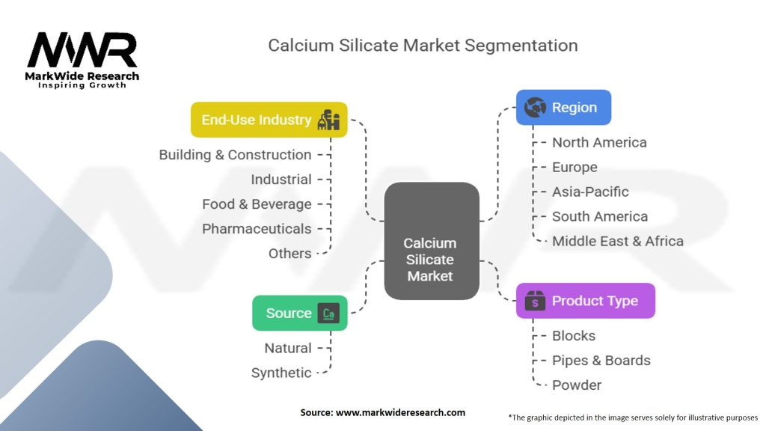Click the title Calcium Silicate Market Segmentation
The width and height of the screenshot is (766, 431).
423,45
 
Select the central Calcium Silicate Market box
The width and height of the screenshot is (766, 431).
431,241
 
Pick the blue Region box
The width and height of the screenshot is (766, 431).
563,108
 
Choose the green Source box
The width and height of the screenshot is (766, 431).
299,313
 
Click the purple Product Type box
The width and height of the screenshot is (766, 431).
585,301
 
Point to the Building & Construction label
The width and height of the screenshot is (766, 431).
235,155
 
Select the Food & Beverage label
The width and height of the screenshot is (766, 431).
257,204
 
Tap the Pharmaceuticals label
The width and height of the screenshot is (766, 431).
257,229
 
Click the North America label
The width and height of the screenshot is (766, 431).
599,142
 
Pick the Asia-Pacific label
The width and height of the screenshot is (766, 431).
590,192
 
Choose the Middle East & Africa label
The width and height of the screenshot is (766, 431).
617,241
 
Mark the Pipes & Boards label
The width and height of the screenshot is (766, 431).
601,360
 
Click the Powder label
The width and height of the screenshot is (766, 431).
577,385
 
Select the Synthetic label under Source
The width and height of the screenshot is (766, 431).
281,373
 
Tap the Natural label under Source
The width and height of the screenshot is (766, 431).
288,348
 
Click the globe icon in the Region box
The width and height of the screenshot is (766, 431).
535,108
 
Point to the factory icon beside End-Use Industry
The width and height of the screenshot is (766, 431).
329,120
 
